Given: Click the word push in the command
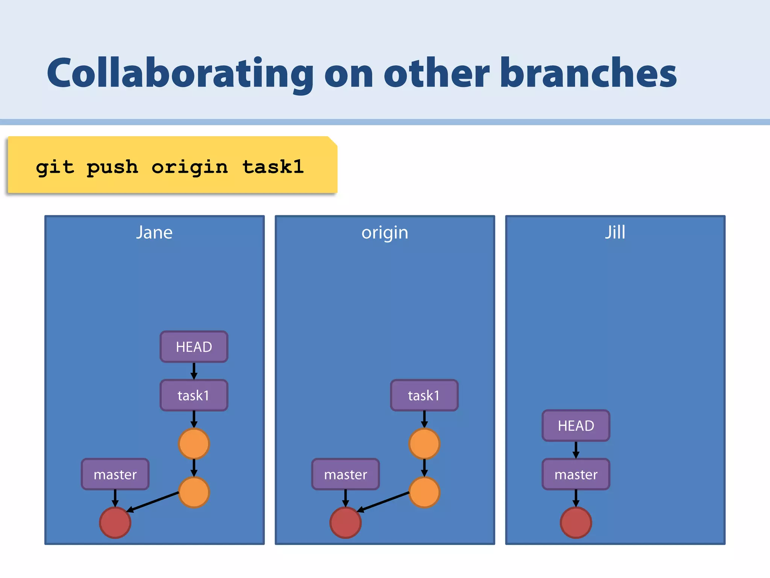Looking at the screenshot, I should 112,167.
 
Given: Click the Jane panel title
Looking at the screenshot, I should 154,233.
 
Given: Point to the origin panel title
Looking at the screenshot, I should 385,233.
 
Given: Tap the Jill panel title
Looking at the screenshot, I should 615,232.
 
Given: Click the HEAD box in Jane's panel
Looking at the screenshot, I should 194,347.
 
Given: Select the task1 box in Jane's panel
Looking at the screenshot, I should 194,395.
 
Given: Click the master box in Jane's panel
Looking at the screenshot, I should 115,474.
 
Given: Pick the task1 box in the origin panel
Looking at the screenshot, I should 424,395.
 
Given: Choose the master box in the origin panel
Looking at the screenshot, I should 346,474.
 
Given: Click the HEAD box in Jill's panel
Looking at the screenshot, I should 576,426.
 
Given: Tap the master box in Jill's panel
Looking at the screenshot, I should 576,474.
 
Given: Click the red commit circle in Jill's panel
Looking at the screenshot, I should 576,522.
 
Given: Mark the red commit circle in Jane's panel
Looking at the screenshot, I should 115,522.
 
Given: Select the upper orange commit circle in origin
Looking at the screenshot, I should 424,444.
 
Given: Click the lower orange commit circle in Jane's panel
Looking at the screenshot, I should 194,492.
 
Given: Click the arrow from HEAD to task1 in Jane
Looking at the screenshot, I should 194,371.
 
